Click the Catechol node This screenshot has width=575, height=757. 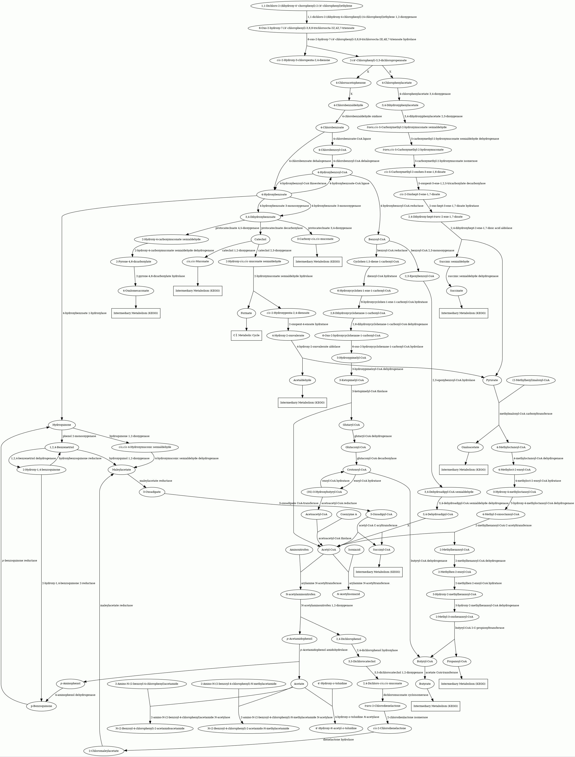coord(261,239)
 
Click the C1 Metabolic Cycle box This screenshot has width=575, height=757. coord(246,335)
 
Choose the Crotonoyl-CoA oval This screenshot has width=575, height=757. coord(357,470)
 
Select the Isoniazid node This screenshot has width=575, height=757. coord(354,550)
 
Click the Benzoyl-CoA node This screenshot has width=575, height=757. coord(377,239)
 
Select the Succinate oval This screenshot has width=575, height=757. coord(457,291)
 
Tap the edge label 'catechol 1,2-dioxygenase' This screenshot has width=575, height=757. coord(239,250)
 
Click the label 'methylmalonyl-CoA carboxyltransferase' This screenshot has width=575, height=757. coord(526,414)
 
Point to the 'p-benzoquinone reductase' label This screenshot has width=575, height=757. coord(20,561)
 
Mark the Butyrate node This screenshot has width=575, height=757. coord(425,684)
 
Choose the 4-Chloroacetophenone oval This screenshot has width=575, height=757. coord(351,83)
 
